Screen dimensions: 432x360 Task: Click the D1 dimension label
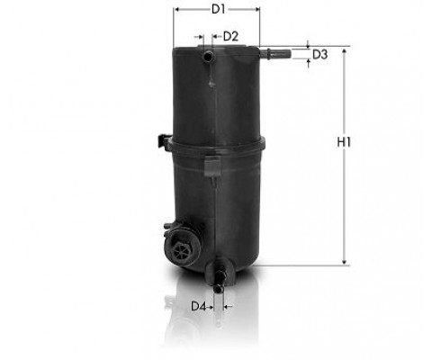[x=218, y=10]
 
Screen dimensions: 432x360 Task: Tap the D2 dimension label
[x=230, y=37]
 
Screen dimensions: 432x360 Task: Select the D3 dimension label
[x=320, y=55]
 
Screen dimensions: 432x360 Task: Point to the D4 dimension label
[x=199, y=306]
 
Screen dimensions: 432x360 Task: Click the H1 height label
[x=344, y=142]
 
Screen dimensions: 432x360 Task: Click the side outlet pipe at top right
[x=275, y=54]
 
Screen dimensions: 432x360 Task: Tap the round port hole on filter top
[x=208, y=56]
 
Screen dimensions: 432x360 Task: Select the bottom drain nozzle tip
[x=218, y=288]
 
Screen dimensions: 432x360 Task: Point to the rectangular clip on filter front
[x=212, y=166]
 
